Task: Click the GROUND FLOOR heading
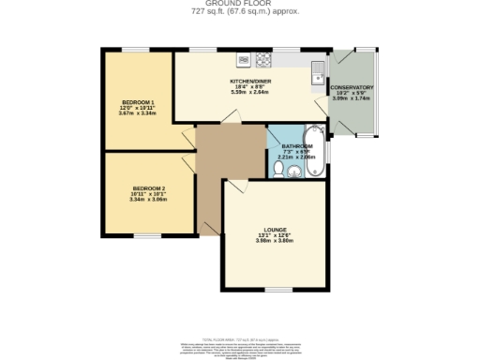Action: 240,4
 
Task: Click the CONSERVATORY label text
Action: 352,87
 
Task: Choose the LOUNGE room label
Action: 275,230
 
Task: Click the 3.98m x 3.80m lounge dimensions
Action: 275,241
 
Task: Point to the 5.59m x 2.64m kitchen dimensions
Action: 249,93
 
